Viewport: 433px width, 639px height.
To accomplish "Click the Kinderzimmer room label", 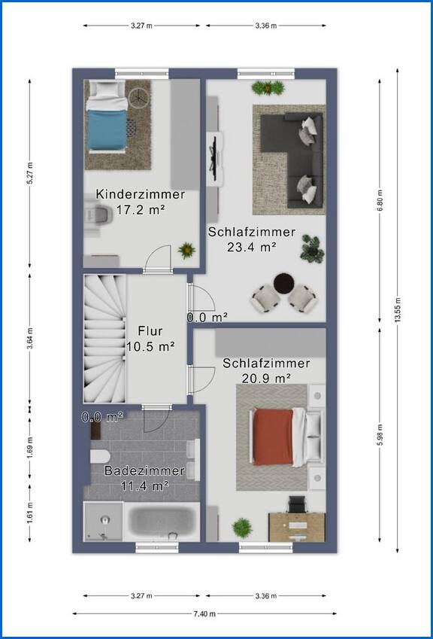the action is [141, 194].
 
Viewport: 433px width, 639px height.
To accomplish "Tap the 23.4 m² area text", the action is [252, 247].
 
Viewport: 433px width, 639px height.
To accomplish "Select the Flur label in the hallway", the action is [150, 330].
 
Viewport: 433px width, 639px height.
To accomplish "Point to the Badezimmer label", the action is [144, 470].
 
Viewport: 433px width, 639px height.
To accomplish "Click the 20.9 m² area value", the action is [266, 378].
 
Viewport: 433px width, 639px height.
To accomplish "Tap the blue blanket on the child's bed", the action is [107, 129].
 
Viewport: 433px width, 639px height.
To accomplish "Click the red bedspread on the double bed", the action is [273, 437].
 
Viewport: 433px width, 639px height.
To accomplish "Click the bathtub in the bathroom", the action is [162, 522].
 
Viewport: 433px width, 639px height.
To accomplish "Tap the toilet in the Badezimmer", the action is [100, 456].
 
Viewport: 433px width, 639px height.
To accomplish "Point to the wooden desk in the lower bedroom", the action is [297, 527].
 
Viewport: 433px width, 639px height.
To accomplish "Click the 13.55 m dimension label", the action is [398, 311].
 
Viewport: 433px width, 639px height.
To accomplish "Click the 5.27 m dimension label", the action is [30, 173].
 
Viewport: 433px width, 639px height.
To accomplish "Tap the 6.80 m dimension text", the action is [380, 200].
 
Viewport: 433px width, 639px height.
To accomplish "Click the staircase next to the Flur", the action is [104, 339].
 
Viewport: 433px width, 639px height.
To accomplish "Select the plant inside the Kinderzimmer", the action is [186, 250].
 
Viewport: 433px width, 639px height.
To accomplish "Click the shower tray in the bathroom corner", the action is [104, 522].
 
